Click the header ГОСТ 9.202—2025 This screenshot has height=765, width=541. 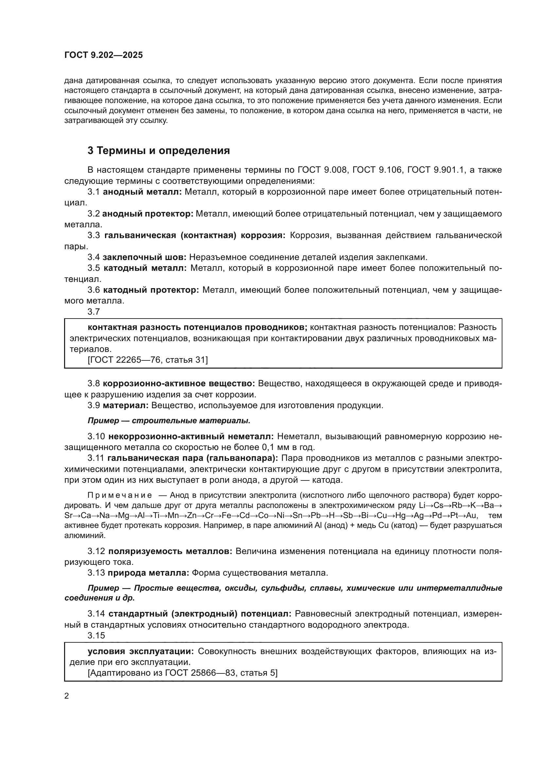104,55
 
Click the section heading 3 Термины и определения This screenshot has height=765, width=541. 159,150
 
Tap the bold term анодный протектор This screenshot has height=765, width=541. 148,214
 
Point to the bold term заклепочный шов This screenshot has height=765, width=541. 144,257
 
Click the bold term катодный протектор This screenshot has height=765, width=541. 151,290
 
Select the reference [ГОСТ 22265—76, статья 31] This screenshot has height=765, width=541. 148,360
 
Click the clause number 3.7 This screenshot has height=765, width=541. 94,312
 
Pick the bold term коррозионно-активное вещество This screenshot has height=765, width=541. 179,384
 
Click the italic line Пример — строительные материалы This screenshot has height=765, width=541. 169,421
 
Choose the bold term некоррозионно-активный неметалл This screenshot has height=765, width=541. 191,436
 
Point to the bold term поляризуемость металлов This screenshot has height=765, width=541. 170,551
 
